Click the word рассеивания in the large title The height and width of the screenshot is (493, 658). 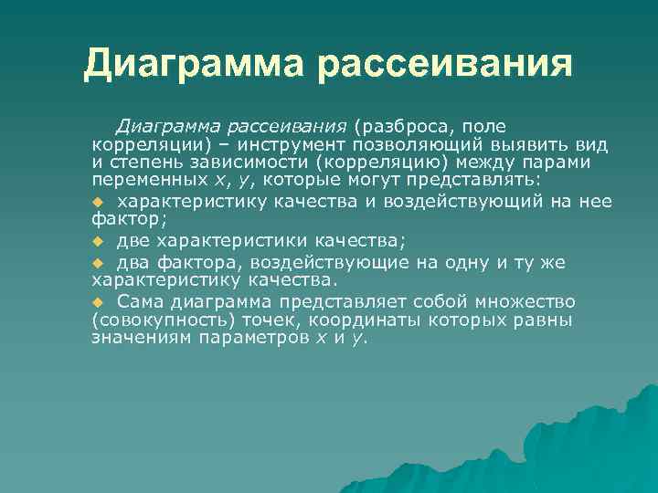tap(446, 64)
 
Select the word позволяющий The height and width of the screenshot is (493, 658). tap(409, 145)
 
